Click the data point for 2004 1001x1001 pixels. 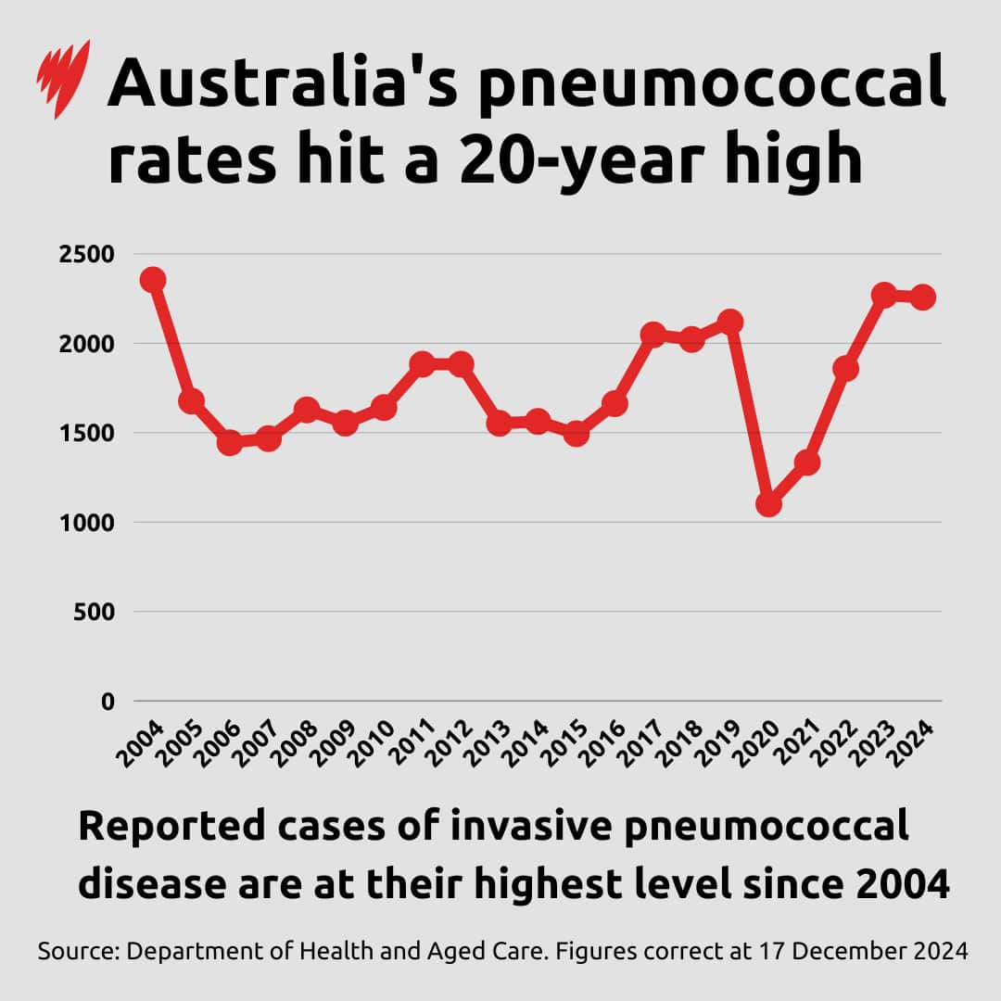click(153, 280)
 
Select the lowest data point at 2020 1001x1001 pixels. click(768, 504)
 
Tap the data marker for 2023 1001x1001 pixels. click(884, 296)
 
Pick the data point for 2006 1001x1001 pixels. click(230, 442)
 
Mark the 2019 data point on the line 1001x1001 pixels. click(730, 322)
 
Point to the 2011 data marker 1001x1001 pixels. click(423, 364)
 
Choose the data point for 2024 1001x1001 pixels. click(923, 298)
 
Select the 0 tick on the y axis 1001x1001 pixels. click(108, 702)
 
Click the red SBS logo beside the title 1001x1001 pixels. click(64, 78)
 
